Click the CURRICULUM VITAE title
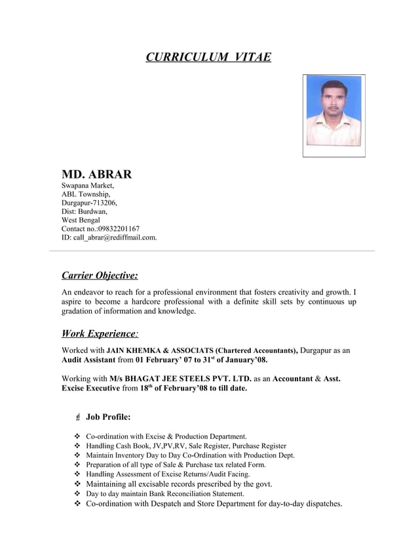(208, 57)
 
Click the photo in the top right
(333, 115)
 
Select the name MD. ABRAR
(96, 175)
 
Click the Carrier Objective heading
(100, 275)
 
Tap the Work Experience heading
(99, 333)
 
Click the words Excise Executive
(88, 388)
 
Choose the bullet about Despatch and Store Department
(214, 504)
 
